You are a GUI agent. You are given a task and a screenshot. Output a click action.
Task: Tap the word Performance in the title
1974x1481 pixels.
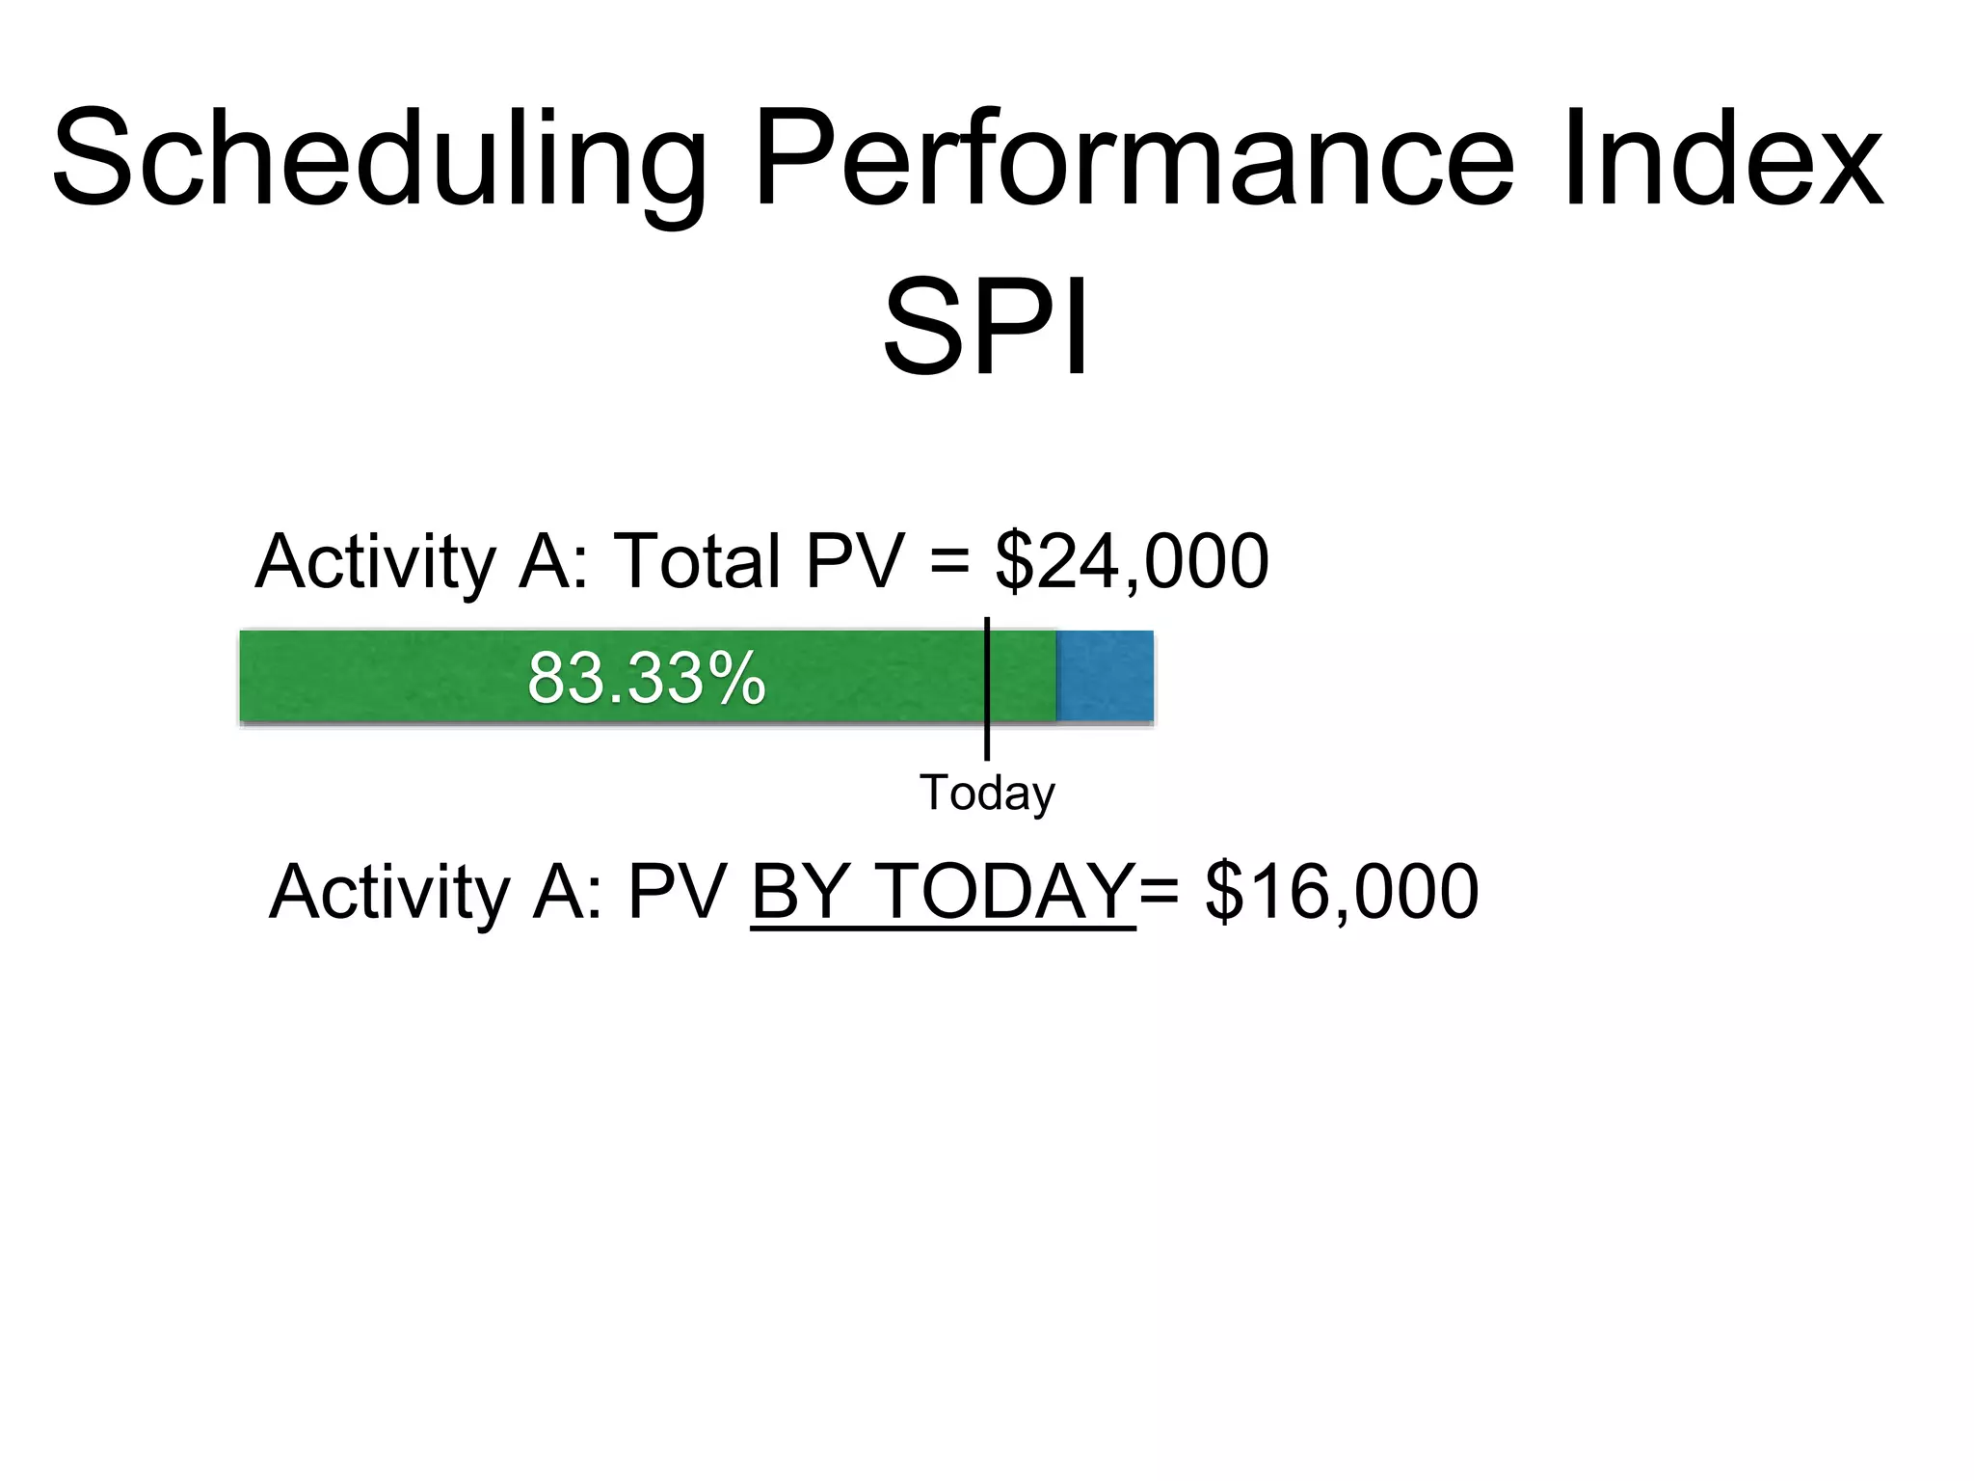pyautogui.click(x=1134, y=159)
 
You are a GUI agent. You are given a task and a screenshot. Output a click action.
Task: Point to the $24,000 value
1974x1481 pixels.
pyautogui.click(x=1132, y=562)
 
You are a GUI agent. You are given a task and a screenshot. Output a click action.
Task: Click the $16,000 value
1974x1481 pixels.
pyautogui.click(x=1342, y=892)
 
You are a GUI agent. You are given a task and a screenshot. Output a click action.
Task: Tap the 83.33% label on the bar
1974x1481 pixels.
pyautogui.click(x=647, y=679)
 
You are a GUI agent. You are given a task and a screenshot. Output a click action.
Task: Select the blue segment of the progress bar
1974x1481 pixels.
pyautogui.click(x=1105, y=676)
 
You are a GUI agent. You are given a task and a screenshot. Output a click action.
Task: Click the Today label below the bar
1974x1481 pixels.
pyautogui.click(x=987, y=793)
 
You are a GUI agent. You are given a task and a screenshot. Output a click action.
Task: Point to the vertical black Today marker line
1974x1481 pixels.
pyautogui.click(x=987, y=742)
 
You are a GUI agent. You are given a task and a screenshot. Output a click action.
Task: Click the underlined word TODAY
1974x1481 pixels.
pyautogui.click(x=1006, y=892)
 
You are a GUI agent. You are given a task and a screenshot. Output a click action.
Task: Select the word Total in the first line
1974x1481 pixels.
pyautogui.click(x=697, y=562)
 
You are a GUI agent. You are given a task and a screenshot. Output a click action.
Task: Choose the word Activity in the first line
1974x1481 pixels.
pyautogui.click(x=375, y=562)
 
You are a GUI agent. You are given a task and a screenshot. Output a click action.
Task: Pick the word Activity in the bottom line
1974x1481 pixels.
pyautogui.click(x=389, y=892)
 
